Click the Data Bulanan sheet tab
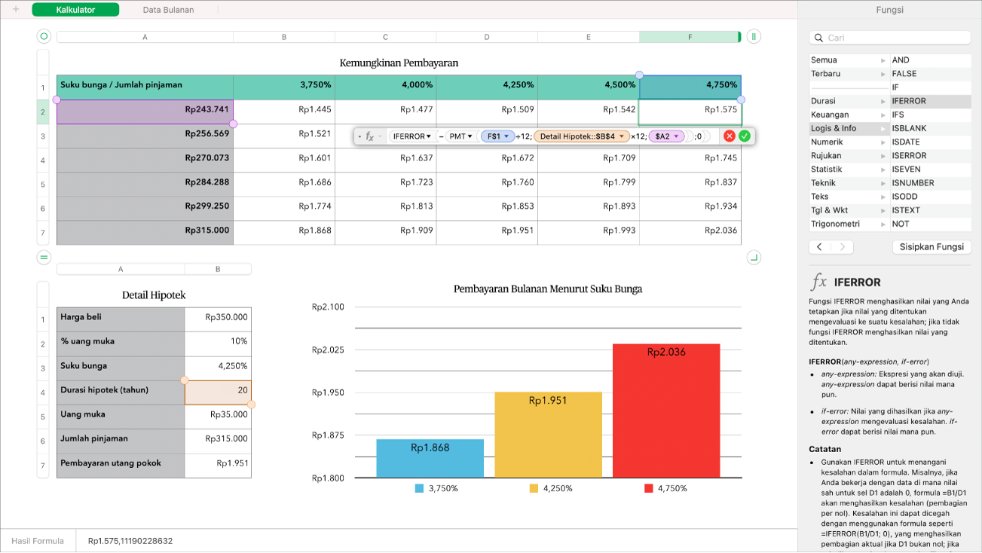point(168,10)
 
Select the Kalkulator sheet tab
point(75,10)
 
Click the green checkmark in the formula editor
point(745,136)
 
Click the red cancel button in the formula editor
point(729,136)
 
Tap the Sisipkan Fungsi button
point(932,247)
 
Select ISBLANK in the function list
point(909,128)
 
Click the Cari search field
point(889,38)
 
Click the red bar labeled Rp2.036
point(666,411)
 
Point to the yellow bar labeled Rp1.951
point(548,435)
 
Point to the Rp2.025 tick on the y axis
point(328,350)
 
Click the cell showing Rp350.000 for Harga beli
point(218,317)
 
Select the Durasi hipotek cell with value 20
point(218,390)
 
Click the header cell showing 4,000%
point(385,85)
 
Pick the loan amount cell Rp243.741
point(145,110)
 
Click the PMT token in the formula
point(460,136)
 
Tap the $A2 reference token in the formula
point(666,136)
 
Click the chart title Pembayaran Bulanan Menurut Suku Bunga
point(547,289)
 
